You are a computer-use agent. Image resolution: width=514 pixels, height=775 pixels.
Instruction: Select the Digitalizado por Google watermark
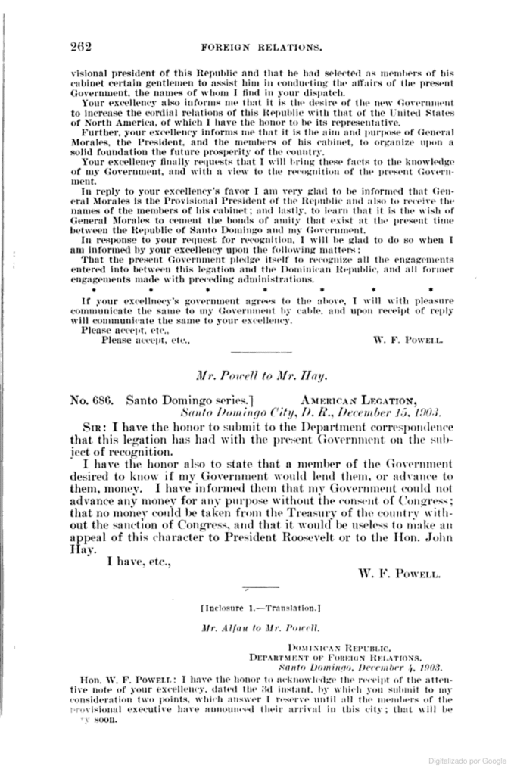(468, 759)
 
